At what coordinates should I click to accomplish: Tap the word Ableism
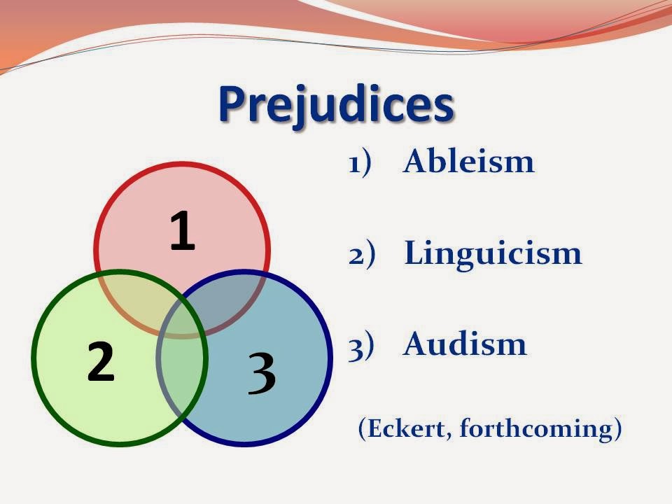pyautogui.click(x=468, y=162)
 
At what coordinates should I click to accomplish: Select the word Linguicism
pyautogui.click(x=493, y=253)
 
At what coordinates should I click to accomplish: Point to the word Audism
pyautogui.click(x=465, y=344)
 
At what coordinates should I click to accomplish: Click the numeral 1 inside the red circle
pyautogui.click(x=182, y=232)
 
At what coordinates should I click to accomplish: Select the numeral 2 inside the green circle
pyautogui.click(x=101, y=362)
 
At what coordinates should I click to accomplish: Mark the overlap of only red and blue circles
pyautogui.click(x=238, y=294)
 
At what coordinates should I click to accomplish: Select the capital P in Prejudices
pyautogui.click(x=235, y=105)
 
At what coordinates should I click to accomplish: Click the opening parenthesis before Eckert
pyautogui.click(x=362, y=428)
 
